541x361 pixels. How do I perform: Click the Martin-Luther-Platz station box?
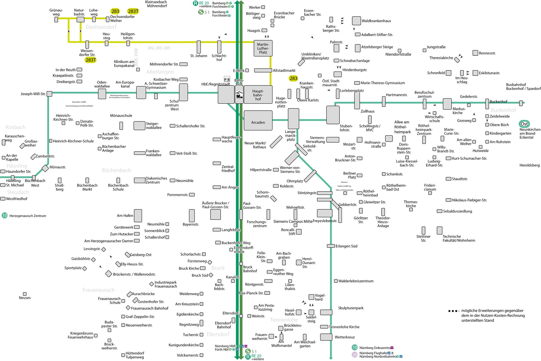point(263,48)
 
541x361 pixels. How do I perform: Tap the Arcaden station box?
point(258,121)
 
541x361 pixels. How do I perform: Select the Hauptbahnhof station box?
point(258,95)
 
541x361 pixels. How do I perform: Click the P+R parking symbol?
point(227,79)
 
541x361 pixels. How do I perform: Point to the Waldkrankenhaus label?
point(376,21)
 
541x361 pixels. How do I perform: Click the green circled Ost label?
point(524,124)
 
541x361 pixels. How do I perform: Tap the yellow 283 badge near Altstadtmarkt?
point(293,78)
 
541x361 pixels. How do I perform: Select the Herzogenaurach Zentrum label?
point(28,216)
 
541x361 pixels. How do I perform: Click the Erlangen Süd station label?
point(346,246)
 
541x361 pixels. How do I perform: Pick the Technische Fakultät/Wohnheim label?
point(459,238)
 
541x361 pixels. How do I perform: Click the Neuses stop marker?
point(25,294)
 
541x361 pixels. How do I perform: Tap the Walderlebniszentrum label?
point(356,281)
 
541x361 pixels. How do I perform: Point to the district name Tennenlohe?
point(284,320)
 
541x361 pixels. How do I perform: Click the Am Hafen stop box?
point(138,216)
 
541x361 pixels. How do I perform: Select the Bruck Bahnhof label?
point(250,269)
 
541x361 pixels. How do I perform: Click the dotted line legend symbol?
point(453,311)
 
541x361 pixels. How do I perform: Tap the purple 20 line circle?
point(355,355)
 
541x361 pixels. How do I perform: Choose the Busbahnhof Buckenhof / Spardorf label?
point(523,87)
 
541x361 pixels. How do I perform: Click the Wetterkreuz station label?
point(345,337)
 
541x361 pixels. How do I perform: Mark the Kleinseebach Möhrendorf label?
point(157,4)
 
